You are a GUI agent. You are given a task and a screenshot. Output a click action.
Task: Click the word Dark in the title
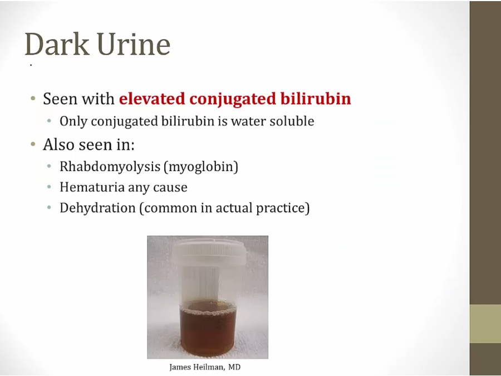57,44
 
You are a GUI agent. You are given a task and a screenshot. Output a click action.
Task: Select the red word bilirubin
316,98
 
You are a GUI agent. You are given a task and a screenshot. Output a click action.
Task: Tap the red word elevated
152,98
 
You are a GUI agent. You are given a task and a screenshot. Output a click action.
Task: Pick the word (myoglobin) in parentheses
201,167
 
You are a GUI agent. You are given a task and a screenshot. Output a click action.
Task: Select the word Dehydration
97,208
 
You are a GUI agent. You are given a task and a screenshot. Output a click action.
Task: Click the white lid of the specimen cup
209,252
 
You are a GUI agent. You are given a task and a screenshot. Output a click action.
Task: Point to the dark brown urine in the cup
208,329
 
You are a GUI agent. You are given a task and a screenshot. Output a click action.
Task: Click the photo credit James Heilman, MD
205,367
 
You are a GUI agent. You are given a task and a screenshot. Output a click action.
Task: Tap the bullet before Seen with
33,98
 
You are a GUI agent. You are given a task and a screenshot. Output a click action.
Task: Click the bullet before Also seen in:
33,144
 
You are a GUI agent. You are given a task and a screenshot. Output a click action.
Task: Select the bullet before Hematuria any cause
49,187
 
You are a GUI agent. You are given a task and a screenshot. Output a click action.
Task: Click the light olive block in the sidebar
485,324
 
